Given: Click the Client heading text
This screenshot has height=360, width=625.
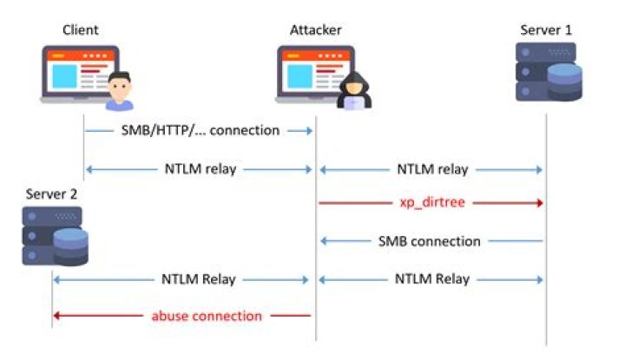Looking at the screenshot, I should pos(80,30).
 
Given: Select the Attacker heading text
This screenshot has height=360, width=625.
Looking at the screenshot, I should pos(315,30).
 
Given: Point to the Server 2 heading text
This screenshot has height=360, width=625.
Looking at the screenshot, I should pos(51,193).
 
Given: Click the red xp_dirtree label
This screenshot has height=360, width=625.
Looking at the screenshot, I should pos(431,204).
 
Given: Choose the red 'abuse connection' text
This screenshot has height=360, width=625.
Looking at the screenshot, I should pos(206,316).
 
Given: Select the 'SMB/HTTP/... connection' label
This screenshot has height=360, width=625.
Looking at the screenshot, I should pos(200,131).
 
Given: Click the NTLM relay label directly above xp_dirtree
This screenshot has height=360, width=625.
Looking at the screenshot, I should pos(431,168).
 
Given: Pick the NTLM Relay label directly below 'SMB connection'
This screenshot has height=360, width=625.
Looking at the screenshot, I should pos(431,279).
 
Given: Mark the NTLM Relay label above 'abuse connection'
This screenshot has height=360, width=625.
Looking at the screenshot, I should pos(198,279).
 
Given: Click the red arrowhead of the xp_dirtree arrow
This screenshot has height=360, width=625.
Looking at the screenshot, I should pos(541,204).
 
